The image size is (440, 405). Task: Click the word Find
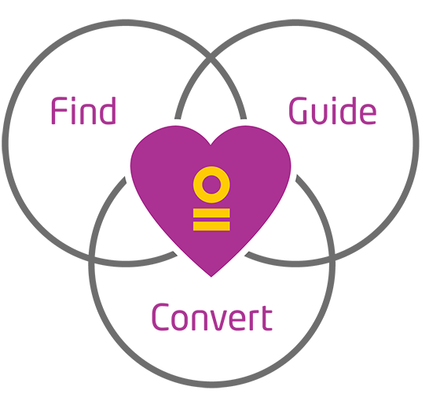83,110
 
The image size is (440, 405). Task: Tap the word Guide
332,110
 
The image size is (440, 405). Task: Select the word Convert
212,317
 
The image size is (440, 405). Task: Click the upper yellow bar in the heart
211,213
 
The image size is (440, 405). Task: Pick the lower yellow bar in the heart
211,226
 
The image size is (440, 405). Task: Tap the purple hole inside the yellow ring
211,185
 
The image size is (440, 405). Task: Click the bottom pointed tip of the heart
211,277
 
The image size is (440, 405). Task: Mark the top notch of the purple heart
211,145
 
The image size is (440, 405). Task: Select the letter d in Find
108,110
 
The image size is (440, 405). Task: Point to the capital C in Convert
160,317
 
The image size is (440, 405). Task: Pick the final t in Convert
267,318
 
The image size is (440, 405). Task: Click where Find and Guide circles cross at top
211,58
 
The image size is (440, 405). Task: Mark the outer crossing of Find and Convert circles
92,260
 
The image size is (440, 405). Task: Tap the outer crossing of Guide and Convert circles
332,260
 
